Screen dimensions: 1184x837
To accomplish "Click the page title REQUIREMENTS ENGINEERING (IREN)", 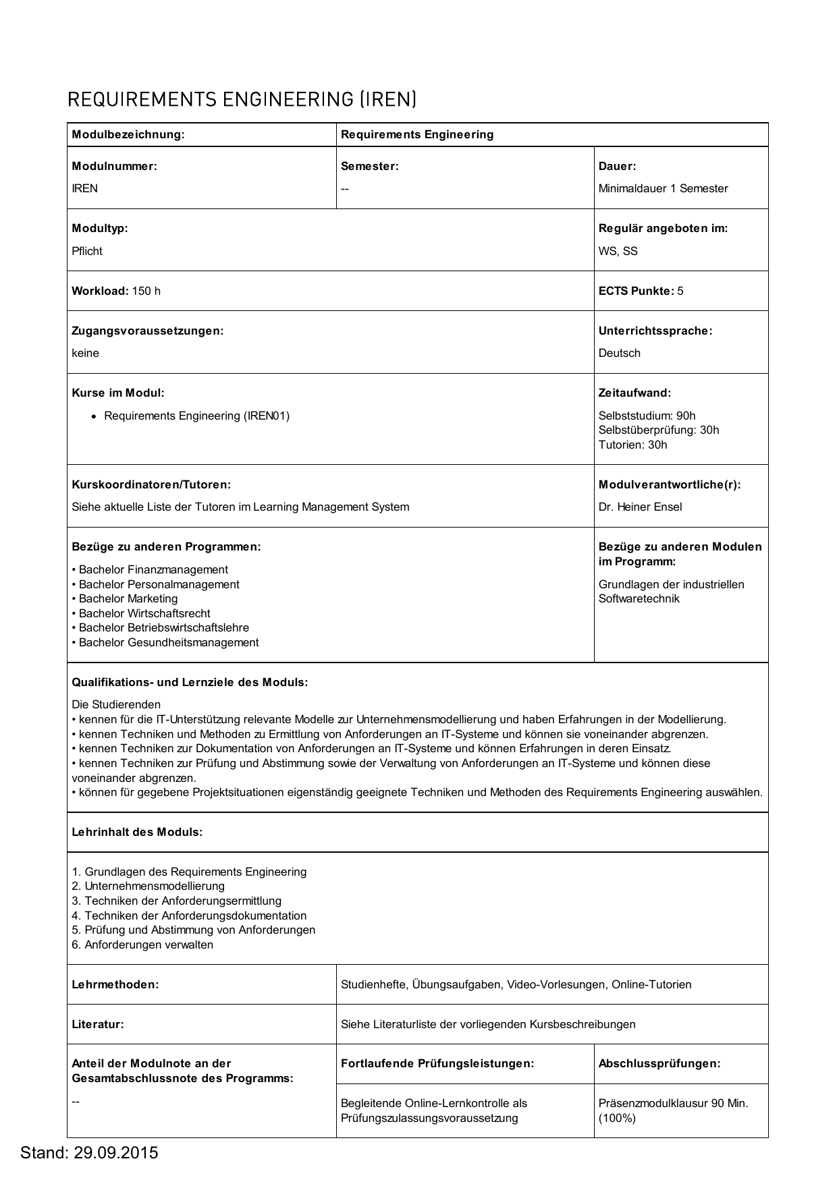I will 242,100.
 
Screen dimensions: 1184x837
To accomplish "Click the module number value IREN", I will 85,188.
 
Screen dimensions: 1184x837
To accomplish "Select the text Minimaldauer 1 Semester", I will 663,188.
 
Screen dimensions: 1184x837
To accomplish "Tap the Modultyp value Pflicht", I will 87,251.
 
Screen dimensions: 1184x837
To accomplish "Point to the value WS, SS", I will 618,251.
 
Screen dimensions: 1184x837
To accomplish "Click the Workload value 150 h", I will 146,291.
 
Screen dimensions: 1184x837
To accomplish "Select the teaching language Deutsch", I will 619,353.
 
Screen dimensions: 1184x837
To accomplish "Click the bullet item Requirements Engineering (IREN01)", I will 196,416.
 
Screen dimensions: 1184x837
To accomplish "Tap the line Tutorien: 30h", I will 632,445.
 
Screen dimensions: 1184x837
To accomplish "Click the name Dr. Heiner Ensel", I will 640,507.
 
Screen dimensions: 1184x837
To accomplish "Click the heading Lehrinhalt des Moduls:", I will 137,832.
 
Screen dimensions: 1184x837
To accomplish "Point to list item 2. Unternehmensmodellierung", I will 148,886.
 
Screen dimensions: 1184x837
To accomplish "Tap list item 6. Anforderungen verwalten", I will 142,945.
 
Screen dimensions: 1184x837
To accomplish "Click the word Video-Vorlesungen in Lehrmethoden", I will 556,984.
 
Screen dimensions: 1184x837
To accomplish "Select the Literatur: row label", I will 98,1024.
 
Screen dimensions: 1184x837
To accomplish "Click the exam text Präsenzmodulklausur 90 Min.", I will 673,1103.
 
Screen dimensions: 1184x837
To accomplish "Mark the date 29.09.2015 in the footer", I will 115,1152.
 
